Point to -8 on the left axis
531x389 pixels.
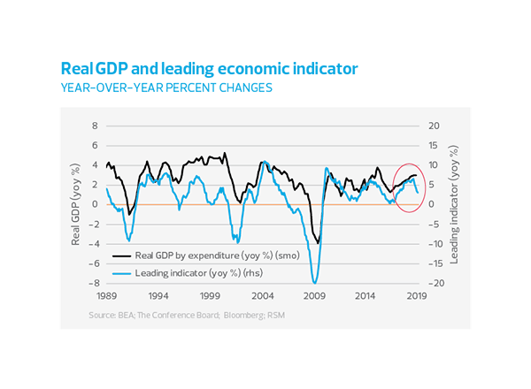pos(92,283)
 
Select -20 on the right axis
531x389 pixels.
pos(434,283)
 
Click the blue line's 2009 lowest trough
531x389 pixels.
pos(315,280)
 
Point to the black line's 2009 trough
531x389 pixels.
pos(318,242)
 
